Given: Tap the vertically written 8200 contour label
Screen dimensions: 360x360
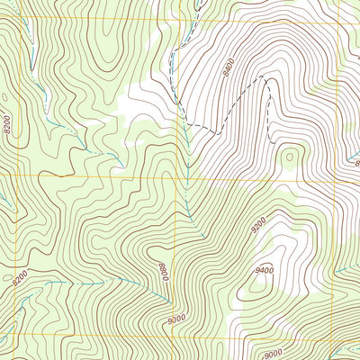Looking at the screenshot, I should [8, 125].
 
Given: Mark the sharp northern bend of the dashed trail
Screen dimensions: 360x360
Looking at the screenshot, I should [265, 79].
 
